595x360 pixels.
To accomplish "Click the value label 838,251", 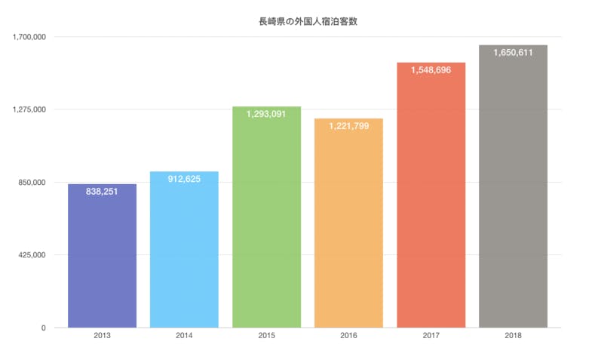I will click(x=102, y=192).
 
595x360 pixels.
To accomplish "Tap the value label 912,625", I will click(x=184, y=180).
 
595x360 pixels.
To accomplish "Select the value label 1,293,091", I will click(x=266, y=114).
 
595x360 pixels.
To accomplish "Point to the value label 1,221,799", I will click(x=348, y=126).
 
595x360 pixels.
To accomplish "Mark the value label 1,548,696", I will click(x=431, y=70).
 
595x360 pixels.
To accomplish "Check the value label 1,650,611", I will click(x=513, y=53).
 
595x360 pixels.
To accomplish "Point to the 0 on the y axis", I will click(x=44, y=328).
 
